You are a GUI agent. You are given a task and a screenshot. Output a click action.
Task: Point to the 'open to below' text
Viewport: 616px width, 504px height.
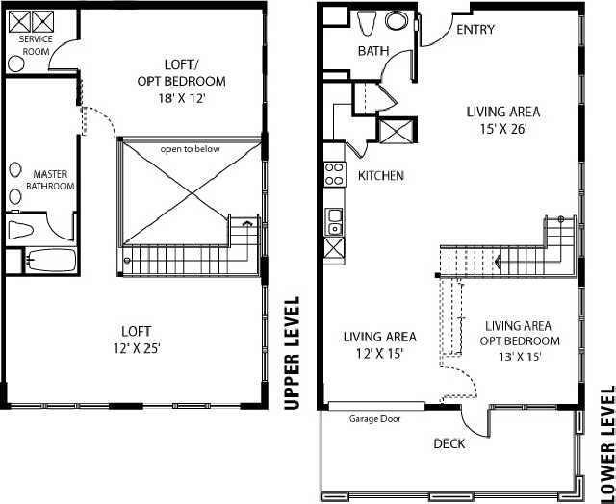[189, 148]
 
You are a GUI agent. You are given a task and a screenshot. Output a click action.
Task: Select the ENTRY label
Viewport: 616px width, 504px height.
[475, 30]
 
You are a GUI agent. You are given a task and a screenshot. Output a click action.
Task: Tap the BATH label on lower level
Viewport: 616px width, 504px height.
[372, 51]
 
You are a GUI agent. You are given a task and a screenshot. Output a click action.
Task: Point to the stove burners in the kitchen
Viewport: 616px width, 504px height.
[335, 173]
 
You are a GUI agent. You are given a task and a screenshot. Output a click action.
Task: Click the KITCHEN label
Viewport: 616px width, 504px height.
[380, 176]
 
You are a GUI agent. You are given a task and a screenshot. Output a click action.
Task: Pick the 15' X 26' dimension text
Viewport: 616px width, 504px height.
[501, 127]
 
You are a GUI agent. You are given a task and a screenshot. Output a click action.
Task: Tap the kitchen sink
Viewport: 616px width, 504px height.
[334, 221]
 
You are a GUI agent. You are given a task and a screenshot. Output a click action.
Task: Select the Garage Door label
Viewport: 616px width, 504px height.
[374, 418]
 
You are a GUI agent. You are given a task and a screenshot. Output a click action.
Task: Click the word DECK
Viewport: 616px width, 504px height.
[449, 443]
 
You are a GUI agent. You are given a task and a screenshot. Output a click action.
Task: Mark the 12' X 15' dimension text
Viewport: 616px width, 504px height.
[379, 353]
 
